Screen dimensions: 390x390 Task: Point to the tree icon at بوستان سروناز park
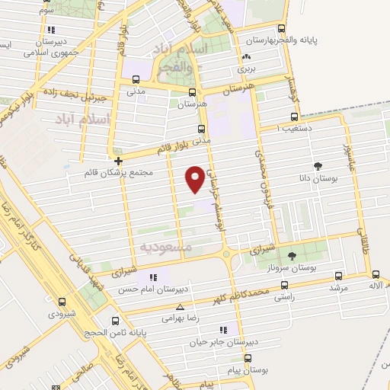pos(292,254)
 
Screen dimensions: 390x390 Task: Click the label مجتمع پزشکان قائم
pos(120,173)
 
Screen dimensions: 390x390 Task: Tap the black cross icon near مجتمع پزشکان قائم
pos(119,161)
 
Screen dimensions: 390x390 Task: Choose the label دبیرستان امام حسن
pos(155,290)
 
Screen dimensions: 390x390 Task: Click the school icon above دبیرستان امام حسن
pos(154,278)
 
